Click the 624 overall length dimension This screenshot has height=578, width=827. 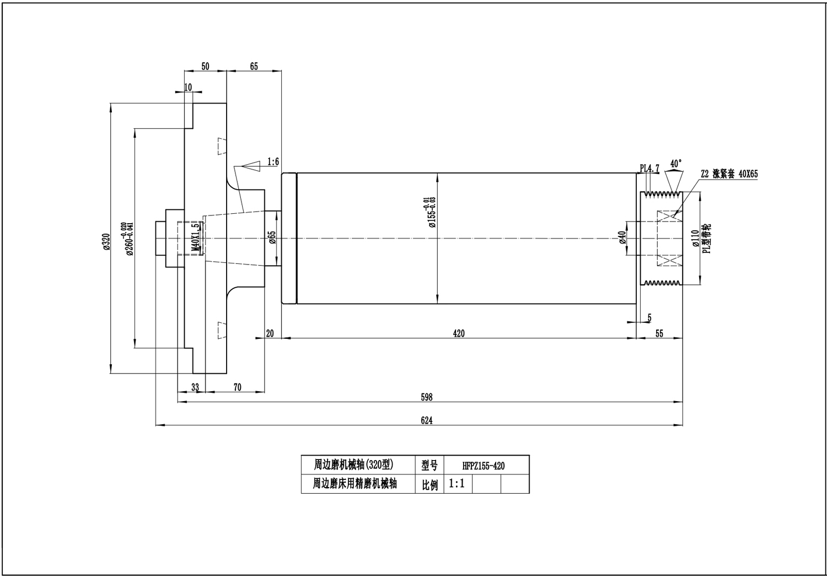(x=426, y=420)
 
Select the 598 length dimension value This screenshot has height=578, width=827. (x=426, y=397)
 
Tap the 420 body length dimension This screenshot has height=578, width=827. (x=458, y=333)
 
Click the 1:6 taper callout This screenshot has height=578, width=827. (x=273, y=161)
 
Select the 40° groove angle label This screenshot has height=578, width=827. (x=675, y=164)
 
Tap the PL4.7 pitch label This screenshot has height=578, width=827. (x=649, y=168)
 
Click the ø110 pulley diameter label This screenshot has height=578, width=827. (x=695, y=237)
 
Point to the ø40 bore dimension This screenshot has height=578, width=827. (x=622, y=237)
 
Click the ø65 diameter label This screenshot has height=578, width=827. (x=272, y=237)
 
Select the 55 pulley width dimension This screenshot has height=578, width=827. (x=659, y=333)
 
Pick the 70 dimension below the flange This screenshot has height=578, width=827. (x=237, y=387)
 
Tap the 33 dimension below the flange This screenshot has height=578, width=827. (x=195, y=387)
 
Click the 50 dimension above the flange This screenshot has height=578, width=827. (x=205, y=66)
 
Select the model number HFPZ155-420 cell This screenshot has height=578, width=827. (x=484, y=466)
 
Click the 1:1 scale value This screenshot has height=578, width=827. (x=457, y=484)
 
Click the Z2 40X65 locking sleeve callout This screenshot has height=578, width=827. (x=729, y=174)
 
